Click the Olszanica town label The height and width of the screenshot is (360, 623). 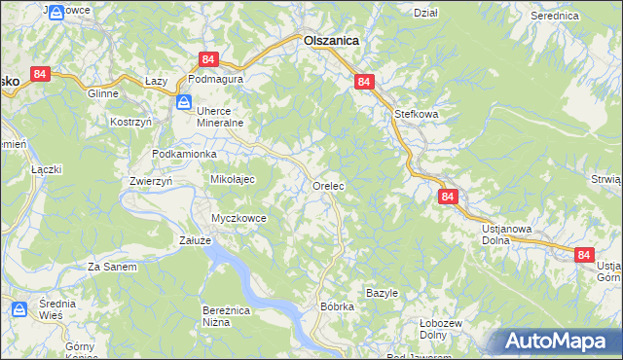331,41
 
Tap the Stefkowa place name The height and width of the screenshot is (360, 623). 416,114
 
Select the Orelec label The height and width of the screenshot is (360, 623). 329,185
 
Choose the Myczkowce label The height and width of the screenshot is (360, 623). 238,218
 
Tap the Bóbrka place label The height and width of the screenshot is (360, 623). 337,306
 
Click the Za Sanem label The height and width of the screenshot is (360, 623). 112,266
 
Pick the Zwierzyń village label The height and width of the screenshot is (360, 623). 150,181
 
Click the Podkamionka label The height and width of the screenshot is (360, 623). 184,155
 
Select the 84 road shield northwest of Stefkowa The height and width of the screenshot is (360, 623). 362,83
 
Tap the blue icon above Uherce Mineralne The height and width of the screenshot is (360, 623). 184,101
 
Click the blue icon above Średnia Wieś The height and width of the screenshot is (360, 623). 19,309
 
